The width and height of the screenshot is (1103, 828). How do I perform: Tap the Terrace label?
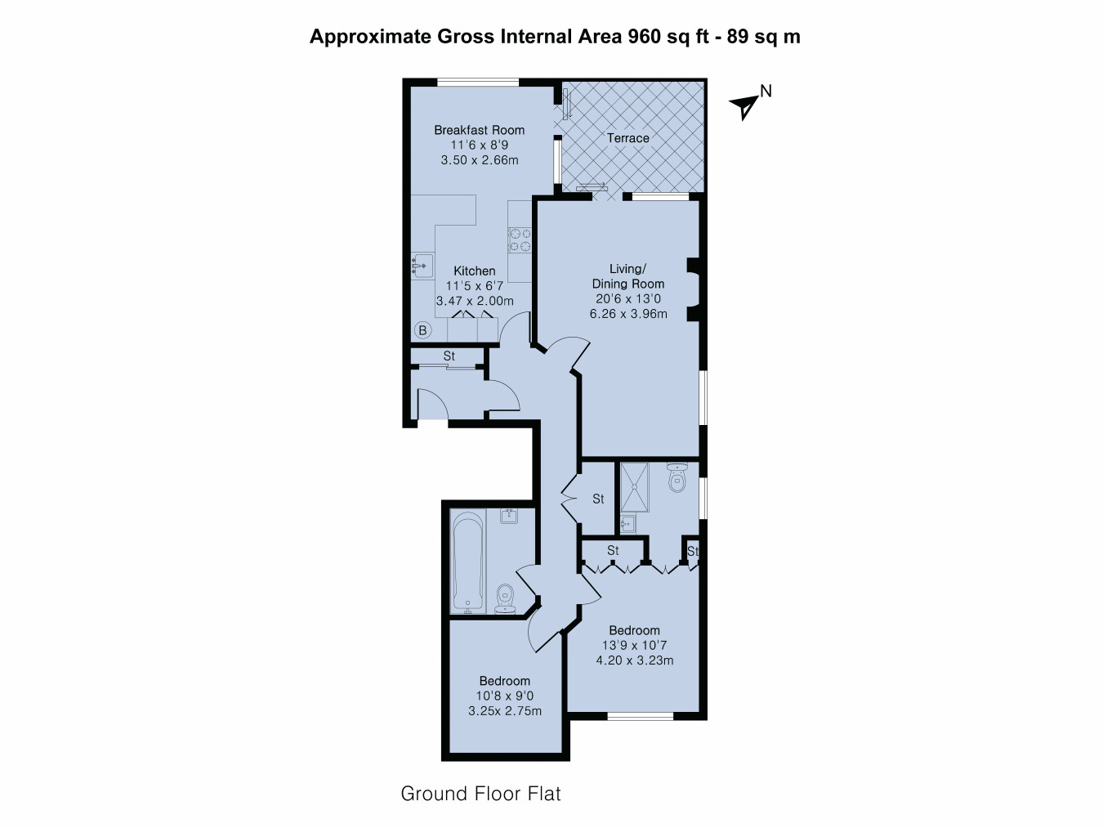click(x=627, y=138)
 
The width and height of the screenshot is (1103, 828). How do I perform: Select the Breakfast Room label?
click(x=479, y=130)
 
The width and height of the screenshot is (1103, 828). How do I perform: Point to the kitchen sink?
click(x=422, y=265)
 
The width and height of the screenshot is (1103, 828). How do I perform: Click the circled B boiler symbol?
click(x=422, y=330)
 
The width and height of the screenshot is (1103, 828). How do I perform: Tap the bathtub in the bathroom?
click(x=468, y=562)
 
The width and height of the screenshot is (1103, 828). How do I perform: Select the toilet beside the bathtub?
click(x=505, y=599)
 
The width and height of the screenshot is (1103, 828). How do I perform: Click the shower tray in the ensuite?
click(x=634, y=487)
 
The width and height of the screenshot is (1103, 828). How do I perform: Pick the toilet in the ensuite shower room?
click(x=677, y=477)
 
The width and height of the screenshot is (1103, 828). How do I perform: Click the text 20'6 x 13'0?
click(x=627, y=298)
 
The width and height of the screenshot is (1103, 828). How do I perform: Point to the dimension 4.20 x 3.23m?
click(x=634, y=660)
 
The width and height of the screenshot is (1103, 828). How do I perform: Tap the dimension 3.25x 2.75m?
click(x=504, y=711)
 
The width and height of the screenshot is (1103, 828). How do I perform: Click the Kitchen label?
click(x=474, y=271)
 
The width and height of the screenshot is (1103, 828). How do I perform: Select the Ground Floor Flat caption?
click(x=480, y=794)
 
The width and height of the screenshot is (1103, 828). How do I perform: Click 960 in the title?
click(x=644, y=37)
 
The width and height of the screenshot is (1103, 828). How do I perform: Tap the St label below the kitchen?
click(x=449, y=356)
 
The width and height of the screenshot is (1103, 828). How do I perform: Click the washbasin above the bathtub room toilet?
click(x=509, y=517)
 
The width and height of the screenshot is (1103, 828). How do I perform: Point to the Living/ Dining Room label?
click(x=627, y=276)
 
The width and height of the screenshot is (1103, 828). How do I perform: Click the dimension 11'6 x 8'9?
click(x=479, y=145)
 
